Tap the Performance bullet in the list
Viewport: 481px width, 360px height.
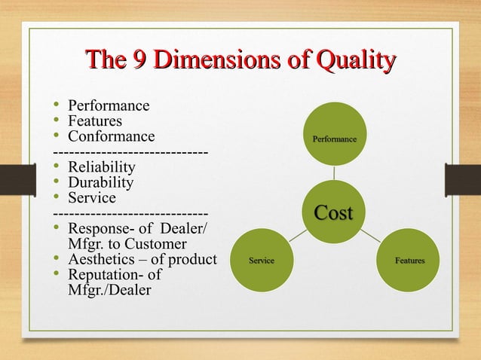point(109,105)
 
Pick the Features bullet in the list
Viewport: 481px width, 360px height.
point(95,121)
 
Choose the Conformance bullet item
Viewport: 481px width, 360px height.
point(111,136)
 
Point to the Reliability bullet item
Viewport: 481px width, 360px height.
point(102,167)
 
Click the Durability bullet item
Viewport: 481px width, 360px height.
point(100,182)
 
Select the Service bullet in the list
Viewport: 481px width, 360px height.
point(92,198)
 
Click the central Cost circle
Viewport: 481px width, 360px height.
point(332,212)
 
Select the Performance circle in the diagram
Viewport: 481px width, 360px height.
point(335,139)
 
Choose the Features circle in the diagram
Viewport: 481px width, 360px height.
point(409,261)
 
